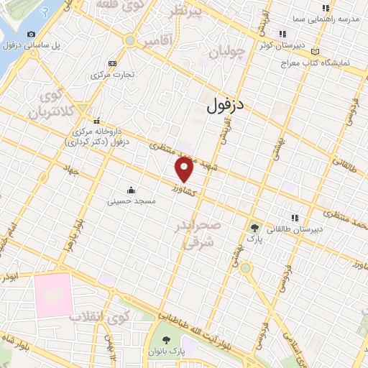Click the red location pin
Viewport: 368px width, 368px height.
click(185, 170)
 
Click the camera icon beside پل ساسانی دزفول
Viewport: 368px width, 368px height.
click(30, 34)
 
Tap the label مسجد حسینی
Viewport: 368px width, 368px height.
click(132, 202)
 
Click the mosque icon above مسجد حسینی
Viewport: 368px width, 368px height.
click(132, 190)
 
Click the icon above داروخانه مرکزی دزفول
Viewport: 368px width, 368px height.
click(96, 120)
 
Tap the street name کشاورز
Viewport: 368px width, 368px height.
click(185, 189)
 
